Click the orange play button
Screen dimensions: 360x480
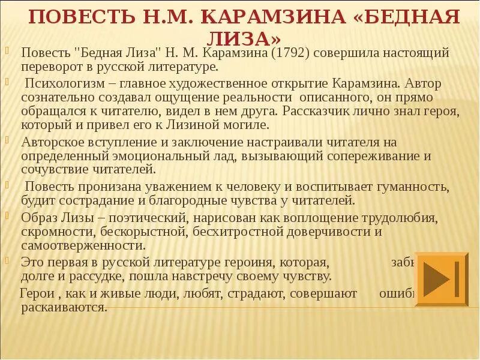pos(442,280)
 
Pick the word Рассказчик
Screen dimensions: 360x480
pos(325,110)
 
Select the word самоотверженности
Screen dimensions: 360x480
pos(83,246)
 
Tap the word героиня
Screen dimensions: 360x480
pos(292,262)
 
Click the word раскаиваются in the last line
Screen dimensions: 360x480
pos(64,308)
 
